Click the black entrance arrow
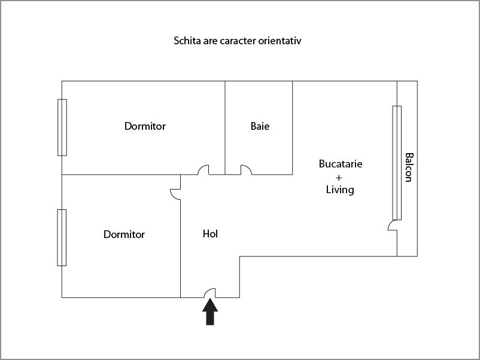click(209, 312)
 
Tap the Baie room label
click(260, 126)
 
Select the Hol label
click(210, 234)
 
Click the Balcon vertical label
click(409, 167)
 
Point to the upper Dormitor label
click(145, 126)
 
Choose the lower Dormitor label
click(124, 234)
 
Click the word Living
click(340, 190)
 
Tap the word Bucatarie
click(341, 163)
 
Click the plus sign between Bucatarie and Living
click(339, 177)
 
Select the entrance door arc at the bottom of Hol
click(209, 292)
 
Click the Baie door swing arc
click(246, 170)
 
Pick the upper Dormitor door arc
click(203, 170)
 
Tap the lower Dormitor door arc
click(175, 194)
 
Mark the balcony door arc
click(392, 225)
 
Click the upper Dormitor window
click(62, 127)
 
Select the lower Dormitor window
click(62, 237)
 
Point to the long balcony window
click(396, 163)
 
